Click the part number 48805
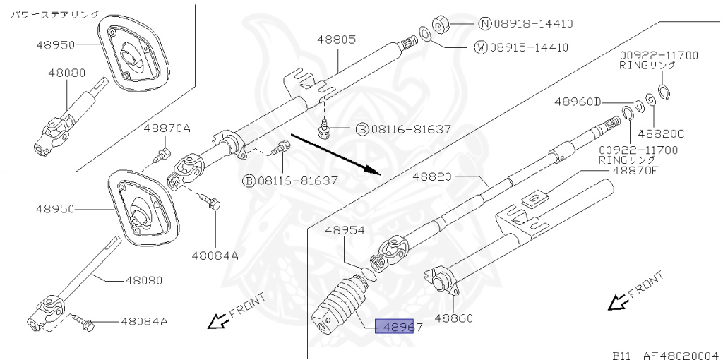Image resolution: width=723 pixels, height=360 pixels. tap(336, 41)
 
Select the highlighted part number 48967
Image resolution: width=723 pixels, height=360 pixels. tap(399, 327)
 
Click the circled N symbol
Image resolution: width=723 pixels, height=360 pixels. tap(484, 23)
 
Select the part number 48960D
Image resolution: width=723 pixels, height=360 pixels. tap(577, 102)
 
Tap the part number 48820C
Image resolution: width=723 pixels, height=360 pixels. tap(661, 133)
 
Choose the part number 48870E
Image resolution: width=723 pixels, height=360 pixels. tap(635, 170)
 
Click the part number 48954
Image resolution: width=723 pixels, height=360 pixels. tap(345, 230)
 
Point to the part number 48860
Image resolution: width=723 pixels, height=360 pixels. tap(453, 318)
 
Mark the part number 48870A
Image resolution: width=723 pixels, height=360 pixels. tap(167, 128)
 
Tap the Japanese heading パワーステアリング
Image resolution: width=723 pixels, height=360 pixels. tap(54, 13)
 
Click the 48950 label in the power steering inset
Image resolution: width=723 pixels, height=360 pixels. tap(56, 44)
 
